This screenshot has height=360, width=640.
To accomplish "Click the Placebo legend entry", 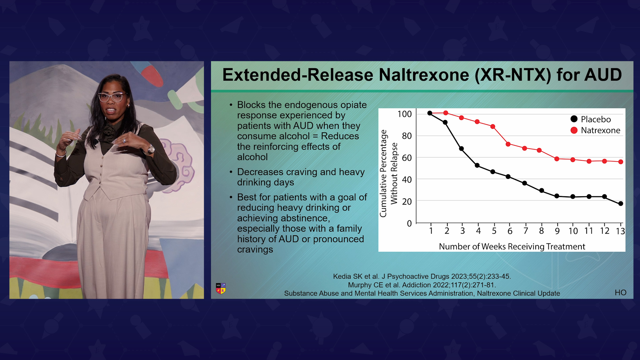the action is (x=591, y=119).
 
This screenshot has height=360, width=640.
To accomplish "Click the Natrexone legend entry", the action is (x=595, y=130).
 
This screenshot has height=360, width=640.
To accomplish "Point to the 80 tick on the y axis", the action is (x=407, y=136).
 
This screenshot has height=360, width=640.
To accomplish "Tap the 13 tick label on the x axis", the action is (x=620, y=231).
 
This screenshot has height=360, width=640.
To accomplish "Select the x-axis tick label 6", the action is (x=510, y=231).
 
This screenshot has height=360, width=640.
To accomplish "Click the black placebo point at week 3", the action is (x=461, y=149).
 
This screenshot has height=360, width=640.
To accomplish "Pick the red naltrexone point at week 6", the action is (x=508, y=144).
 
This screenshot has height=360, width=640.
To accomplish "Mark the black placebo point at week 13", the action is (x=621, y=204).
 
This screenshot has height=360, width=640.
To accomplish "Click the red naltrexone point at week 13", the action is (x=621, y=162).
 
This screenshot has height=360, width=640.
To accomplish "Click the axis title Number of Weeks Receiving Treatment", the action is (x=512, y=246).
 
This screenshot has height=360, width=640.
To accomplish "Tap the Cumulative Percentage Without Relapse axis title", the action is (x=389, y=173).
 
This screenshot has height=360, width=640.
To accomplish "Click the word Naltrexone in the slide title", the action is (x=424, y=75).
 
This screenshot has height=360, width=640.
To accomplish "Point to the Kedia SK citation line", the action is (x=422, y=276).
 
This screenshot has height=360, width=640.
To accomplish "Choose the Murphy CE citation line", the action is (x=422, y=285).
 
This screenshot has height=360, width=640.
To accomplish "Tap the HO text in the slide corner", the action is (x=621, y=292).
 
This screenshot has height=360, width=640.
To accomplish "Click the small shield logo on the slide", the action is (x=221, y=288).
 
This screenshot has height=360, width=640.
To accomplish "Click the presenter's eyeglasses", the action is (x=112, y=97).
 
